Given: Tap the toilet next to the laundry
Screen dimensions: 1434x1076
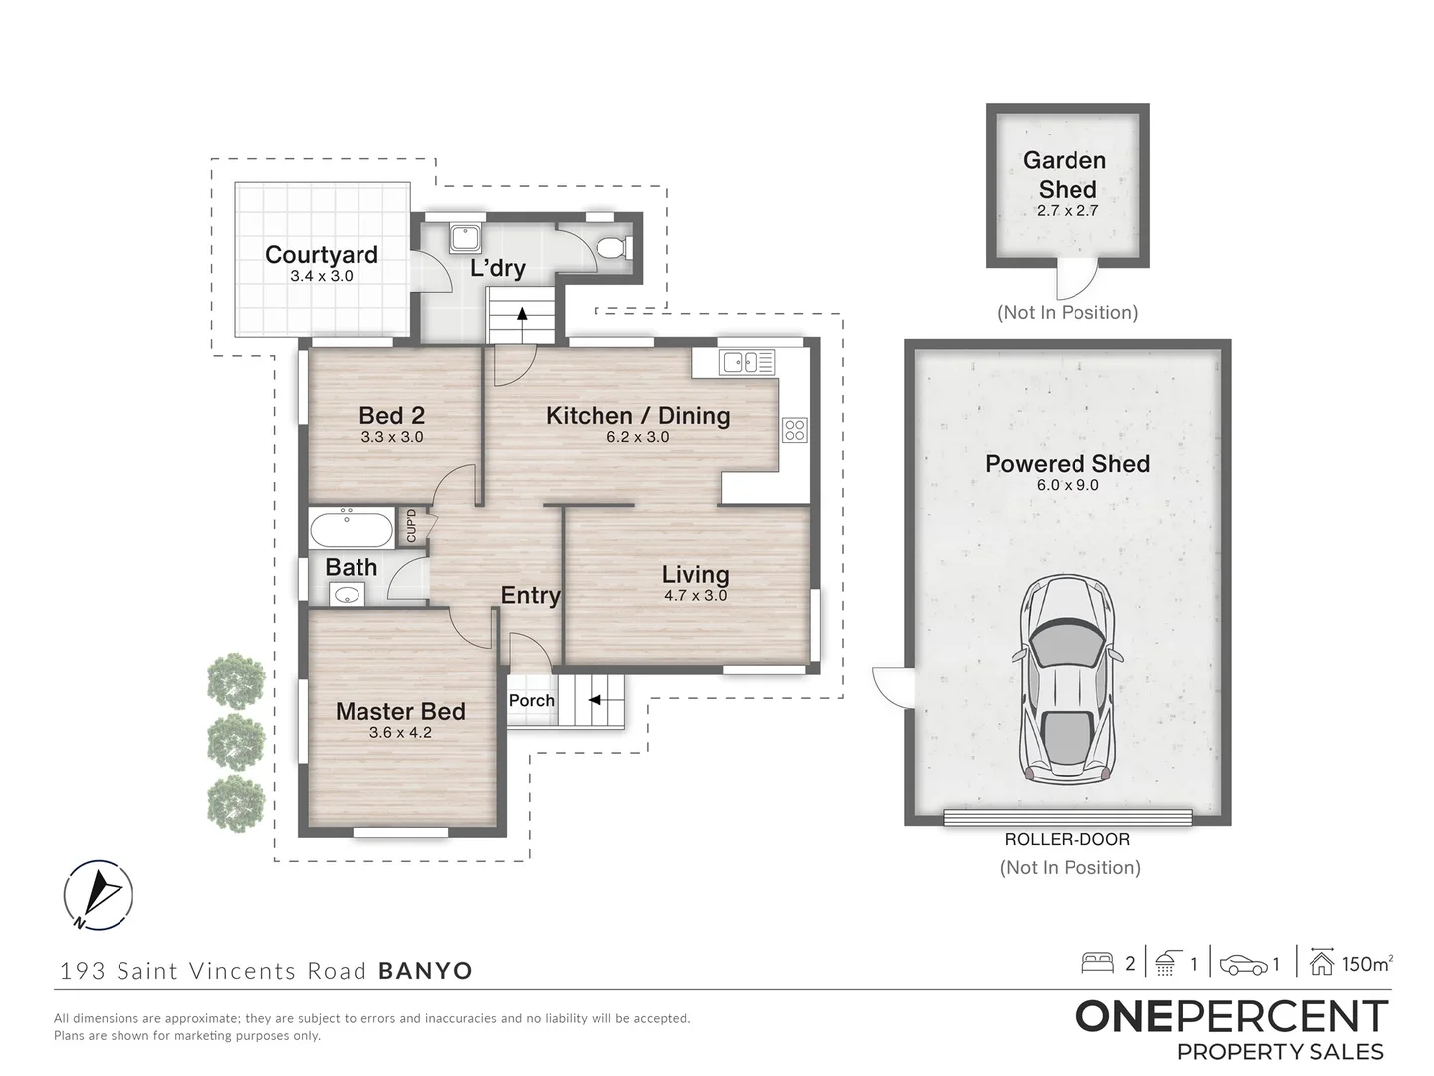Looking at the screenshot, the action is coord(614,248).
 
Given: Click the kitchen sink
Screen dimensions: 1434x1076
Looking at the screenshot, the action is coord(747,362).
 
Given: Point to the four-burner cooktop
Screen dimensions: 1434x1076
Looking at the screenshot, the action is coord(795,430).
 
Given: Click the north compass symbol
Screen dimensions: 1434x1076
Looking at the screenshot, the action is coord(98,895).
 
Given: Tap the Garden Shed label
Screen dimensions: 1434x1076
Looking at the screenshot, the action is coord(1066,174).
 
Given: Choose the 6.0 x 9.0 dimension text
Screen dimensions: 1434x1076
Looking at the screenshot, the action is coord(1068,485).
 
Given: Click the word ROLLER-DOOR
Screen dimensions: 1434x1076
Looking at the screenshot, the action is coord(1067,839).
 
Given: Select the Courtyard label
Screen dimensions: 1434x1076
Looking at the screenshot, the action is coord(322,254).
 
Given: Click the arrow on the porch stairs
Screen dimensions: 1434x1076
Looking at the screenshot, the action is coord(595,700).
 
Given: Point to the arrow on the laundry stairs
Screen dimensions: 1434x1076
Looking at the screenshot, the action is coord(522,314).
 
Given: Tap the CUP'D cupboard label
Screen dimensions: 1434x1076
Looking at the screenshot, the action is coord(411,526).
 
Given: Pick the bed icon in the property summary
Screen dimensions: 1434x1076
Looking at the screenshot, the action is coord(1097,963).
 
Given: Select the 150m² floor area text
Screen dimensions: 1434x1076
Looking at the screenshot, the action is coord(1368,964).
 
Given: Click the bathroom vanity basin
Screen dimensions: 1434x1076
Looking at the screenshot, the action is coord(347,595).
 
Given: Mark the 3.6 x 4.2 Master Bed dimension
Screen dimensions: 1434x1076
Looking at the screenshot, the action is coord(400,733).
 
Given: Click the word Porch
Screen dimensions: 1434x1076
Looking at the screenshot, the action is coord(532,701).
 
